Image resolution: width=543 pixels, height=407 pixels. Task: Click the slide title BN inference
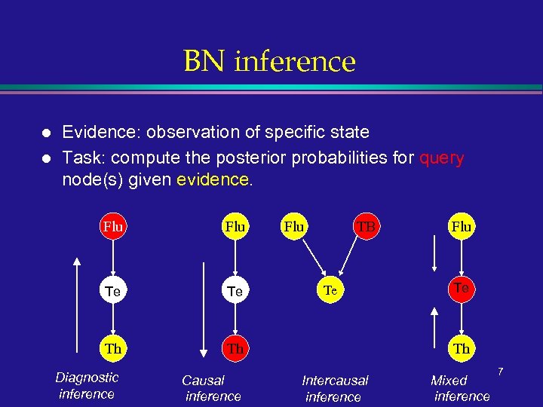[269, 61]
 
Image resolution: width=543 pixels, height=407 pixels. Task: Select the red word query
[441, 158]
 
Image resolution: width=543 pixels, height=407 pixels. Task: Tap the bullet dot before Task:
[46, 159]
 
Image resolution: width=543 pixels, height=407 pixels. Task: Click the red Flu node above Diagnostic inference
[112, 226]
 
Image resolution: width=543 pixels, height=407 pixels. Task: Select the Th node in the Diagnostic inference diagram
[112, 348]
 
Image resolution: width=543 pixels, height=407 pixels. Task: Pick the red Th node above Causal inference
[235, 348]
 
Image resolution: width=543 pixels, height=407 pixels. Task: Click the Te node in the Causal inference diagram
[235, 290]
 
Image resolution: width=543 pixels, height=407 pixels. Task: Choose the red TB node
[366, 226]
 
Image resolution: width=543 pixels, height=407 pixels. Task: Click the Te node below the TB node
[330, 289]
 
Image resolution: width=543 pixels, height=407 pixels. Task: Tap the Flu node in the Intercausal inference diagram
[293, 226]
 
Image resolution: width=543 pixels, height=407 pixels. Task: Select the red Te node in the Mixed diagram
[462, 287]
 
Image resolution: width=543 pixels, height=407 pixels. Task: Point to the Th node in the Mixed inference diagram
[462, 348]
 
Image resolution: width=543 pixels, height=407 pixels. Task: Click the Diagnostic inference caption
[87, 385]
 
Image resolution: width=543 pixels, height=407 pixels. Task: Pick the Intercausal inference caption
[334, 388]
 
